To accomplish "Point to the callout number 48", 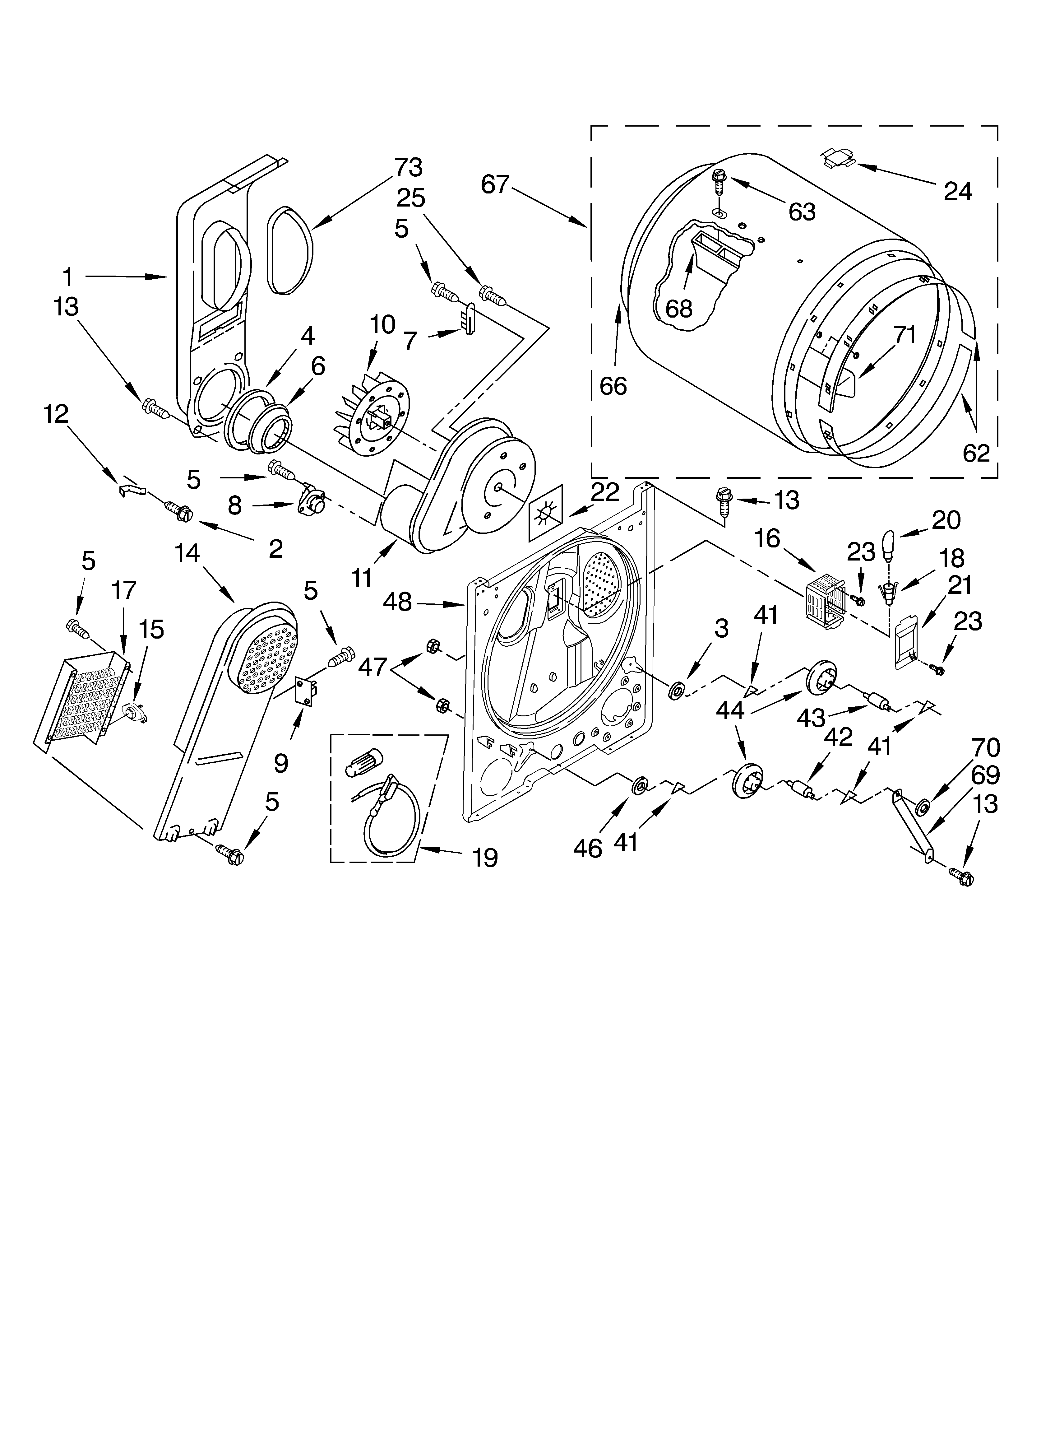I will [397, 602].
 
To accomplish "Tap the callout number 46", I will [587, 848].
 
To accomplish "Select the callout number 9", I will [281, 763].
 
